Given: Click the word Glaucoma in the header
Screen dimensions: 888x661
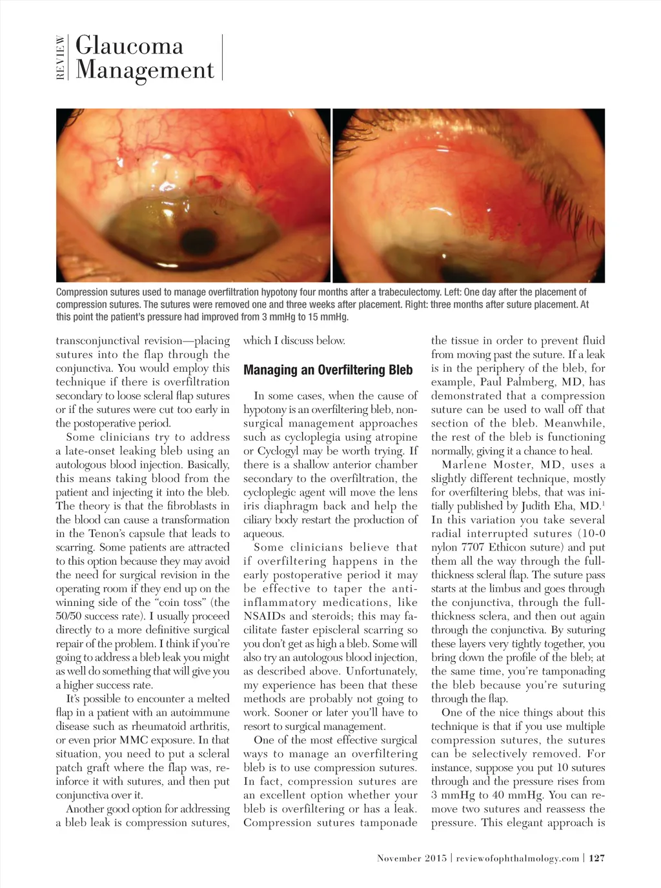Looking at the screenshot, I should pyautogui.click(x=129, y=46).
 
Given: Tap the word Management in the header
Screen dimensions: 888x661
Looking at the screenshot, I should pyautogui.click(x=145, y=70).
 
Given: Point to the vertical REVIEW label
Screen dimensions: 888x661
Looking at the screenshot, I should pyautogui.click(x=60, y=57).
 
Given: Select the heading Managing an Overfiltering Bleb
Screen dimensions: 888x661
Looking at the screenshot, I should pyautogui.click(x=328, y=370).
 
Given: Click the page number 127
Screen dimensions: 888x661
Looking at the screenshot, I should pyautogui.click(x=597, y=858).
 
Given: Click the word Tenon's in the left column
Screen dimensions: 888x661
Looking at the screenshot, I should pyautogui.click(x=104, y=534).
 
